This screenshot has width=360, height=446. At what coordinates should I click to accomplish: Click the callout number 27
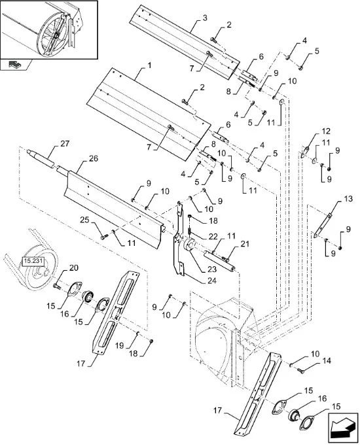coord(65,144)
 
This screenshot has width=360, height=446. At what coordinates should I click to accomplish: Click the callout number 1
coord(149,65)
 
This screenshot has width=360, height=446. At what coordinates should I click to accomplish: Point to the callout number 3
coord(205,18)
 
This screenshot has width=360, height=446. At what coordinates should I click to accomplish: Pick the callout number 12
coord(326,131)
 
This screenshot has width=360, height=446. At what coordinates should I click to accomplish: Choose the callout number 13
coord(348,199)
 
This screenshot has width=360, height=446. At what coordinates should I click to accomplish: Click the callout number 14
coord(327,361)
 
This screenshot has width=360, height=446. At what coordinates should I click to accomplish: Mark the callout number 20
coord(74,268)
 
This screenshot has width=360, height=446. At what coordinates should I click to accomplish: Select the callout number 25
coord(84,220)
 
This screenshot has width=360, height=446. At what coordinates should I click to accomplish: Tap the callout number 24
coord(211,281)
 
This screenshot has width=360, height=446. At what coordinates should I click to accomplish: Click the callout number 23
coord(211,269)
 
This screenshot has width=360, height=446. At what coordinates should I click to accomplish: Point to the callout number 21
coord(244,244)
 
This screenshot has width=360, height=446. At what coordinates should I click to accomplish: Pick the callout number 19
coord(120,345)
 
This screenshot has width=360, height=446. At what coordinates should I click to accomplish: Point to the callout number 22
coord(213,237)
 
